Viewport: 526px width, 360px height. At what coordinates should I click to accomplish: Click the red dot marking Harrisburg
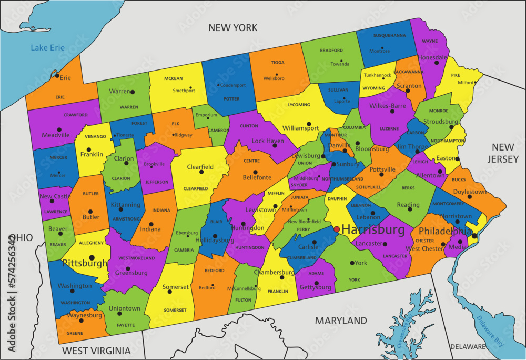tap(337, 229)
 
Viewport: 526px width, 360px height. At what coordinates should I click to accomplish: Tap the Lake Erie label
tap(47, 48)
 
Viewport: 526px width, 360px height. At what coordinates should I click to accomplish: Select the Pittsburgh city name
tap(85, 263)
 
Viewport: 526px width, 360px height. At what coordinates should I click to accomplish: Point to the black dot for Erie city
tap(57, 75)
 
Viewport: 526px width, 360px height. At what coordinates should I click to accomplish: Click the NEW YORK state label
tap(232, 27)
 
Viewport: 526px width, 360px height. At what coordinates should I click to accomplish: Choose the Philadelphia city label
tap(445, 232)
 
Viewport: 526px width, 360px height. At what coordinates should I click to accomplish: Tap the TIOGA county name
tap(278, 62)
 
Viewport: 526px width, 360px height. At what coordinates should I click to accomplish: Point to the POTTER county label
tap(231, 98)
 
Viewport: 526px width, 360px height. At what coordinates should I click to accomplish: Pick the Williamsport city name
tap(300, 128)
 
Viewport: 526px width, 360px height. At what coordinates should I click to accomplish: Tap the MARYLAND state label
tap(341, 321)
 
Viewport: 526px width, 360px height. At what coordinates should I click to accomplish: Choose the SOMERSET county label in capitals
tap(175, 310)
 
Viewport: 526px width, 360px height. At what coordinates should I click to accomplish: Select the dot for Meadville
tap(59, 129)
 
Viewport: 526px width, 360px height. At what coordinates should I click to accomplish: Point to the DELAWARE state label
tap(468, 347)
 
